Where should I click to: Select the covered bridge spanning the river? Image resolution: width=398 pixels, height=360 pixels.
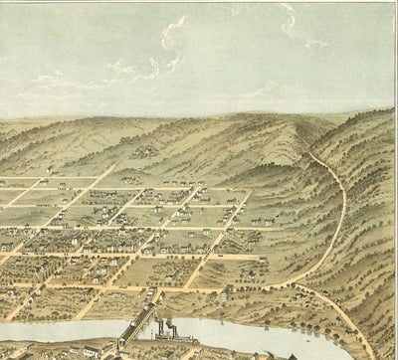coord(134,324)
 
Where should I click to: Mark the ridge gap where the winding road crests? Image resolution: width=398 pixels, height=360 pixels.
coord(307,149)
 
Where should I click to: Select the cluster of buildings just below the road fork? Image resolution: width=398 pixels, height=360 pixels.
coord(298,297)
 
